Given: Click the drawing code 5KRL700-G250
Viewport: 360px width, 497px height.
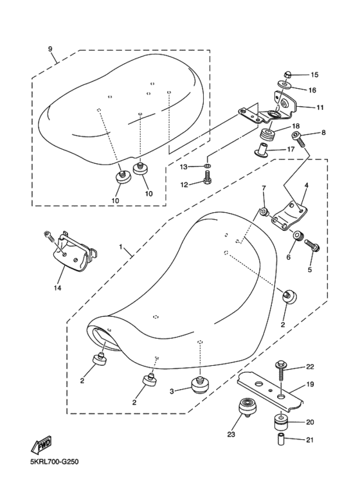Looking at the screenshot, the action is click(x=54, y=462).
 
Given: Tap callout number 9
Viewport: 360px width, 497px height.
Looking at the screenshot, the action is click(x=50, y=49).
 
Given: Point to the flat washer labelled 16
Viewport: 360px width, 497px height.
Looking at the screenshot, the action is click(x=283, y=84).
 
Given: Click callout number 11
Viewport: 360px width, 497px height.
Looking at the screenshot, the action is click(x=319, y=107).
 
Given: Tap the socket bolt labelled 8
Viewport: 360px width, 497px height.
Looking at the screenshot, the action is click(x=299, y=140).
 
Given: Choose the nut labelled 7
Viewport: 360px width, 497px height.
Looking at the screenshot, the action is click(x=265, y=211).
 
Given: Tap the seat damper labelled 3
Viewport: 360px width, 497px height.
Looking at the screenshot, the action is click(x=200, y=384).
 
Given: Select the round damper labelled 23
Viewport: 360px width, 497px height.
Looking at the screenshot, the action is click(x=248, y=406).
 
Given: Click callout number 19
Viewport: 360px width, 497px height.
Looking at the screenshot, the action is click(x=310, y=384).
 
